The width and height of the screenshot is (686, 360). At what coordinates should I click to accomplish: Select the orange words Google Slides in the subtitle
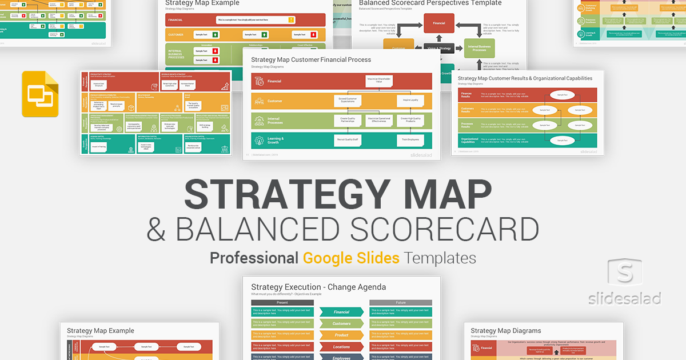tap(351, 258)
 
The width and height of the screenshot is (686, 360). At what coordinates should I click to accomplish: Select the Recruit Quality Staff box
tap(347, 139)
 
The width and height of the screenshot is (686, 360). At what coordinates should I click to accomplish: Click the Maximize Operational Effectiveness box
tap(379, 120)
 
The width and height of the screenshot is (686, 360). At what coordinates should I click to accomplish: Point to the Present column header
tap(282, 302)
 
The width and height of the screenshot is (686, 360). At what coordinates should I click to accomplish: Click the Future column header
tap(401, 302)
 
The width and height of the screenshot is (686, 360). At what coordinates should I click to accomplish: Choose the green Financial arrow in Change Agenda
tap(341, 312)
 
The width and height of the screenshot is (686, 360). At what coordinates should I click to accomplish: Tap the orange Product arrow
tap(341, 335)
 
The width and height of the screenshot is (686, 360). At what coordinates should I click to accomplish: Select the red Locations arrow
tap(341, 346)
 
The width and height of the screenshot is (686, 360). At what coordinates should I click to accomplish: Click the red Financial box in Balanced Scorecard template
tap(438, 23)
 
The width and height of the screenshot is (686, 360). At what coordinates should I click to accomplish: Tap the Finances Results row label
tap(466, 94)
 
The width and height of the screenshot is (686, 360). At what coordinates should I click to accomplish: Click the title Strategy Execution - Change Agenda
tap(318, 287)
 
